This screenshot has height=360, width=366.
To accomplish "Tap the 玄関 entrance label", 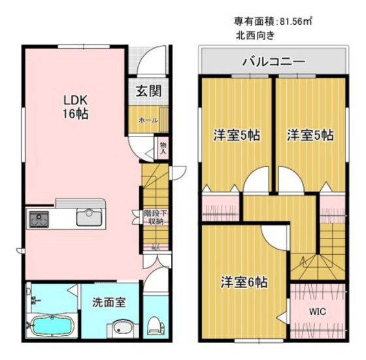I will [x=149, y=91].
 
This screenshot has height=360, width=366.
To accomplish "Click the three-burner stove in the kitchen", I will [x=38, y=218].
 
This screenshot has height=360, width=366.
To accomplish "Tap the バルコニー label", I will [x=273, y=63].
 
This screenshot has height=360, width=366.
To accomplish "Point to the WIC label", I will [x=318, y=312].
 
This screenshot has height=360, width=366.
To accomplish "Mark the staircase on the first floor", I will [x=154, y=186].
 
